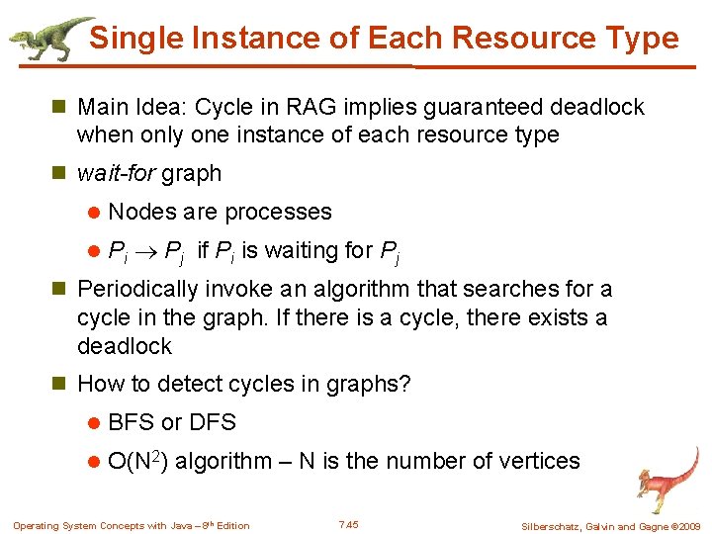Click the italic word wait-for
pos(117,173)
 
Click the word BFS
pos(131,422)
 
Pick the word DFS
pos(212,422)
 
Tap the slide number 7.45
pos(348,524)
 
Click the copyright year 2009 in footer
pos(688,526)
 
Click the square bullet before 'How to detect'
pos(60,384)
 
